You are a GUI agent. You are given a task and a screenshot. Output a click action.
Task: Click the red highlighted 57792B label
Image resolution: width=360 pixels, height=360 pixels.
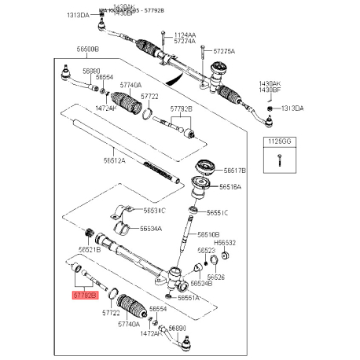85,295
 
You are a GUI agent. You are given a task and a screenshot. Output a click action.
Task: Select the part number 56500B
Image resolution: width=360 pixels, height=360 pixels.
87,49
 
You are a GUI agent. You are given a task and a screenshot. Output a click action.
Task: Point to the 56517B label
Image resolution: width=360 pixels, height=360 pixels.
234,170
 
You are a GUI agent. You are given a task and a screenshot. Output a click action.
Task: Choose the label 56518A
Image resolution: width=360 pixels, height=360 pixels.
231,187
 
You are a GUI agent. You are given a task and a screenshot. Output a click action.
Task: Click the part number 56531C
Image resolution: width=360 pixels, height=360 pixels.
154,211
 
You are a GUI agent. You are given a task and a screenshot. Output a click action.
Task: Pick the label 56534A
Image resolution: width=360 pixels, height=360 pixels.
151,229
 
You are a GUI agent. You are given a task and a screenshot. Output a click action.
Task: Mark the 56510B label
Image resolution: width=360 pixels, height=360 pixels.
208,234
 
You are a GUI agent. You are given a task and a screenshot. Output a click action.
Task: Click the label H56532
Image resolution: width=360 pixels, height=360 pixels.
226,243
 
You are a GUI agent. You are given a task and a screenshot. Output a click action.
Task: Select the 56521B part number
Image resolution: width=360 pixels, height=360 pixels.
88,250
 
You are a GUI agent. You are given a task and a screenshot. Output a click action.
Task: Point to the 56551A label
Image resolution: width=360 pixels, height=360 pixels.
188,298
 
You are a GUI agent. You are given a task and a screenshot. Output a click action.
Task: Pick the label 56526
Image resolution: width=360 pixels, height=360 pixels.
215,277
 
